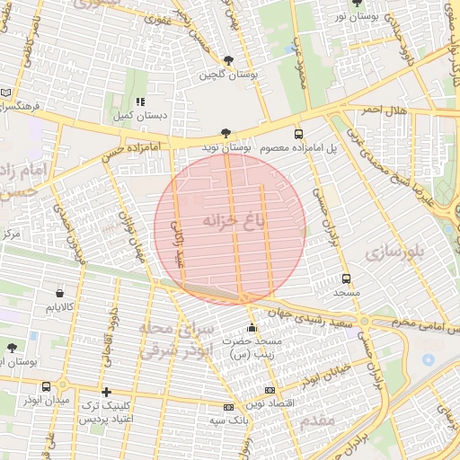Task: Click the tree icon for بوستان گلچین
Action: (x=229, y=61)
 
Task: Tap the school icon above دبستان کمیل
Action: (x=138, y=102)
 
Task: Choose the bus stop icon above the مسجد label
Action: (x=346, y=279)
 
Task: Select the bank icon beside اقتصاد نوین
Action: (x=270, y=390)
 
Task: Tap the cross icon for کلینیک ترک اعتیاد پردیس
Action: (x=106, y=392)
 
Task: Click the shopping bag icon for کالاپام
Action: (x=60, y=293)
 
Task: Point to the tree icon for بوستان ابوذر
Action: (x=12, y=347)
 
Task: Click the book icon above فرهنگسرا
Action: (x=7, y=93)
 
